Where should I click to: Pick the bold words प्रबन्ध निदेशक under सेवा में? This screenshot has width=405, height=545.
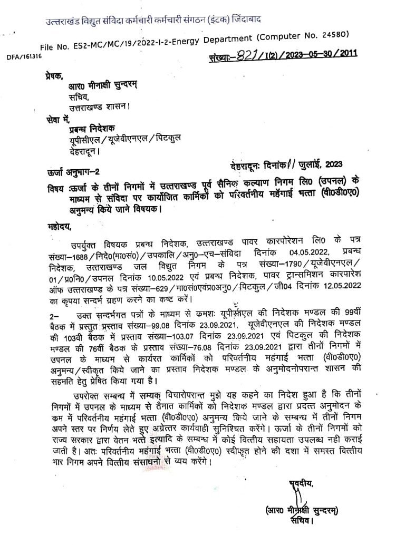coord(95,130)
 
